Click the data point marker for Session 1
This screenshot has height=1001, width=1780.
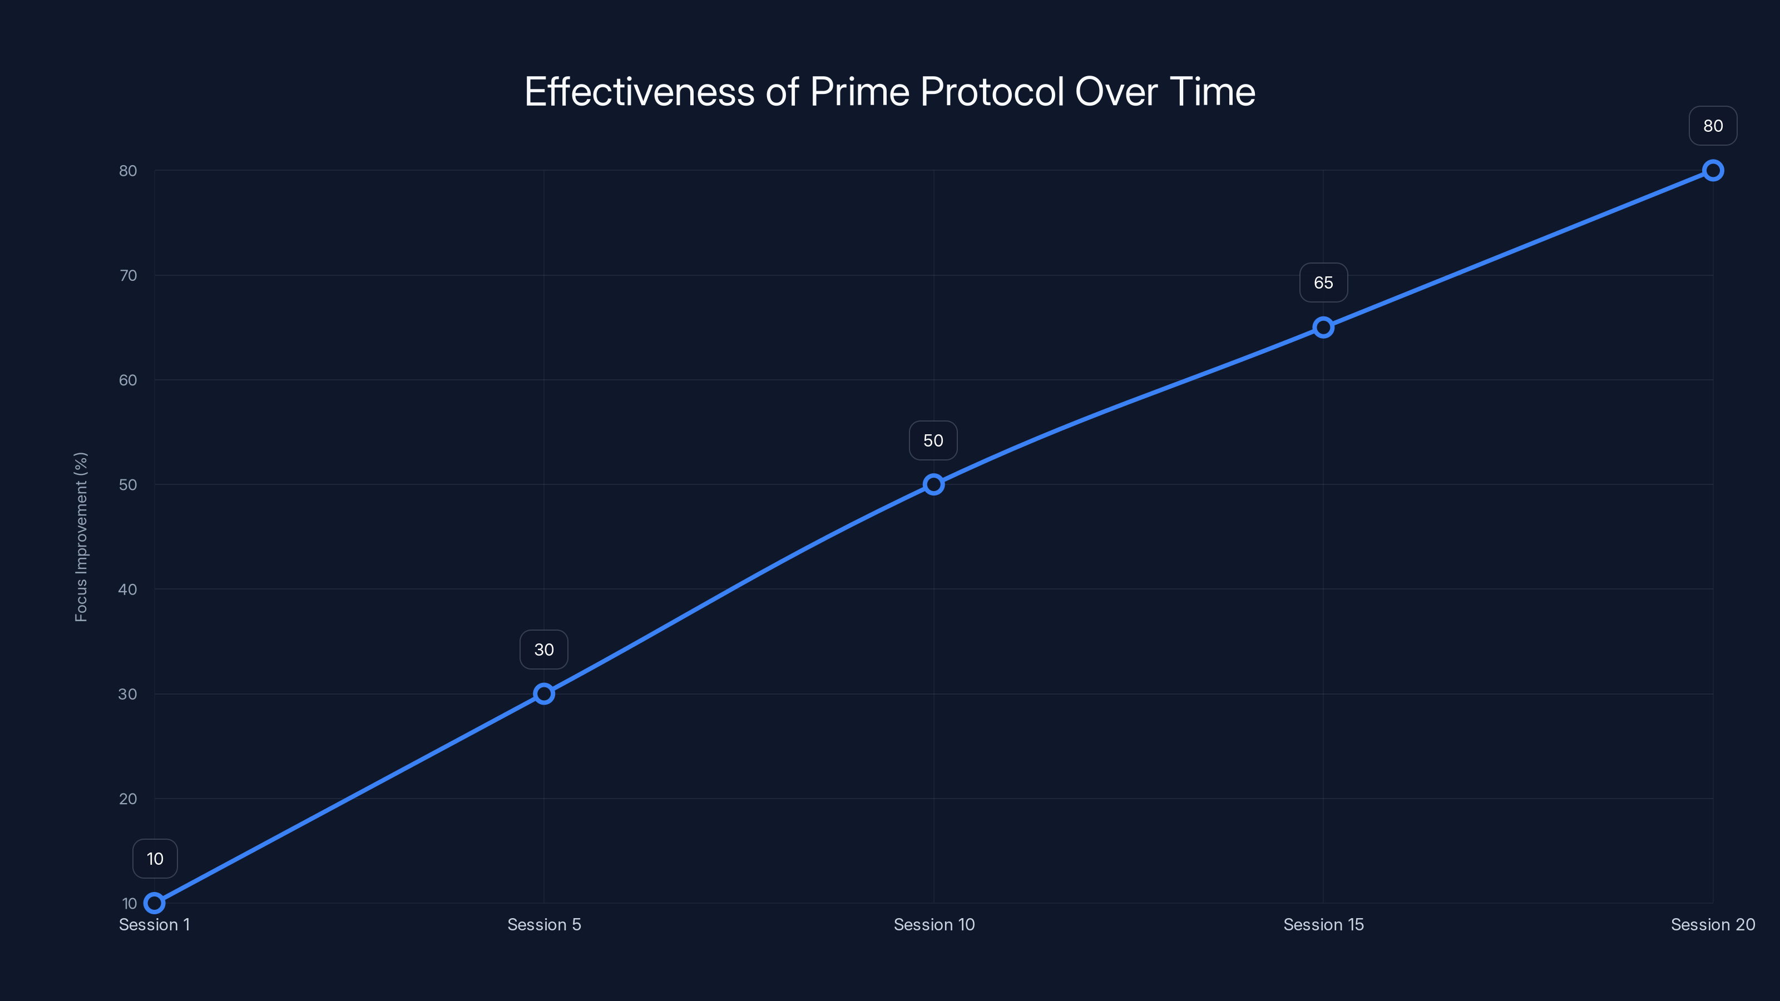155,903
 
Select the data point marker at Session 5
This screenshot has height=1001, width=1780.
544,693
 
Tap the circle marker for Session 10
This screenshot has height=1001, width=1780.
933,484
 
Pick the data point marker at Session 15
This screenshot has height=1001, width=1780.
1323,328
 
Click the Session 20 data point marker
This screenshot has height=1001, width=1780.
1713,171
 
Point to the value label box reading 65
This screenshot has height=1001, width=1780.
1323,283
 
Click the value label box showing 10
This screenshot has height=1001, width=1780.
155,859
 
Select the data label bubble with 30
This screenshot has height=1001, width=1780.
544,650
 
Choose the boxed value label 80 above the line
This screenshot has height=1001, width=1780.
1713,126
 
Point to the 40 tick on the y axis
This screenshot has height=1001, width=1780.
128,589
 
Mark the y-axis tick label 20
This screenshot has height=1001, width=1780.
128,799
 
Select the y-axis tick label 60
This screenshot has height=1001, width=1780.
128,380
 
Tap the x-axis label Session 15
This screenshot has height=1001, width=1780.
1323,924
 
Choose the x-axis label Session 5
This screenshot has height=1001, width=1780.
544,924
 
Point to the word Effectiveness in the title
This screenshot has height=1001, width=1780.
639,92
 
